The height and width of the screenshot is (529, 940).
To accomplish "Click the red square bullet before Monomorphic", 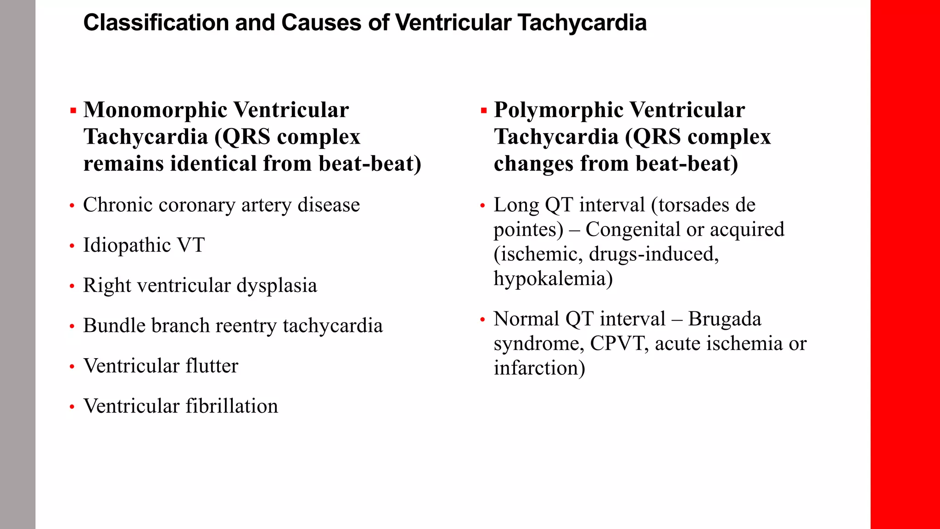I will (73, 110).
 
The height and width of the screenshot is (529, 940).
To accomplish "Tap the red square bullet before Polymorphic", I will (483, 110).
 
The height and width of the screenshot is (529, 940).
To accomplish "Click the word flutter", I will (212, 366).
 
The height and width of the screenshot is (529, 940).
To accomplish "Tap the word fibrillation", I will (232, 406).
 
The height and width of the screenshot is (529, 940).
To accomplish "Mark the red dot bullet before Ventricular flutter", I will (72, 367).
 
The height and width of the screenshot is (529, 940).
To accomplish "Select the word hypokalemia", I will (553, 279).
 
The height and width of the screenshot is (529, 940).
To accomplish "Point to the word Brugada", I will (725, 319).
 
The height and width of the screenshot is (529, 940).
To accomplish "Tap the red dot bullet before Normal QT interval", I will (482, 320).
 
